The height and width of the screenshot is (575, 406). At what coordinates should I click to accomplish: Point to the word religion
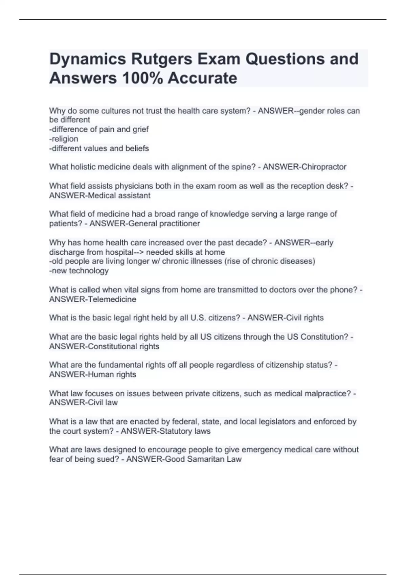tap(65, 139)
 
